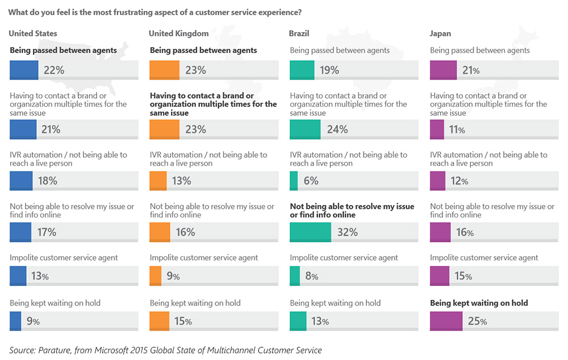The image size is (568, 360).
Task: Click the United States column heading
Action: [x=32, y=34]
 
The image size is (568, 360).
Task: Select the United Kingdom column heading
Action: [x=179, y=34]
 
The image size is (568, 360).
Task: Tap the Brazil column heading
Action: [x=299, y=34]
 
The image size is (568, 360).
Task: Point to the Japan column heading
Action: [x=441, y=34]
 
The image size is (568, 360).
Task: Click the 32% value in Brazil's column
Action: [x=346, y=232]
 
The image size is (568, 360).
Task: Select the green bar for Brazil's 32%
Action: [x=310, y=232]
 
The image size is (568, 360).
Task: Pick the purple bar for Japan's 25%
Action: [x=446, y=321]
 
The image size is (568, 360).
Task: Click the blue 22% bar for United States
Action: [x=24, y=70]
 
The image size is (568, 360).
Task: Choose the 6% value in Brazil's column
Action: [x=311, y=181]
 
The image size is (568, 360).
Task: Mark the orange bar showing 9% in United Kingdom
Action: [x=156, y=277]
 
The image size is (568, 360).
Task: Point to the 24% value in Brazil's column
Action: [x=337, y=129]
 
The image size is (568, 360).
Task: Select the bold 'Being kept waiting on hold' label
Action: [x=479, y=303]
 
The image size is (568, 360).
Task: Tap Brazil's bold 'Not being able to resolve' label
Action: [x=352, y=211]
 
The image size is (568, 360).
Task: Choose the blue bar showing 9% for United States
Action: [x=15, y=321]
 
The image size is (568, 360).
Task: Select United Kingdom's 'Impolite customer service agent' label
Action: [x=203, y=258]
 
